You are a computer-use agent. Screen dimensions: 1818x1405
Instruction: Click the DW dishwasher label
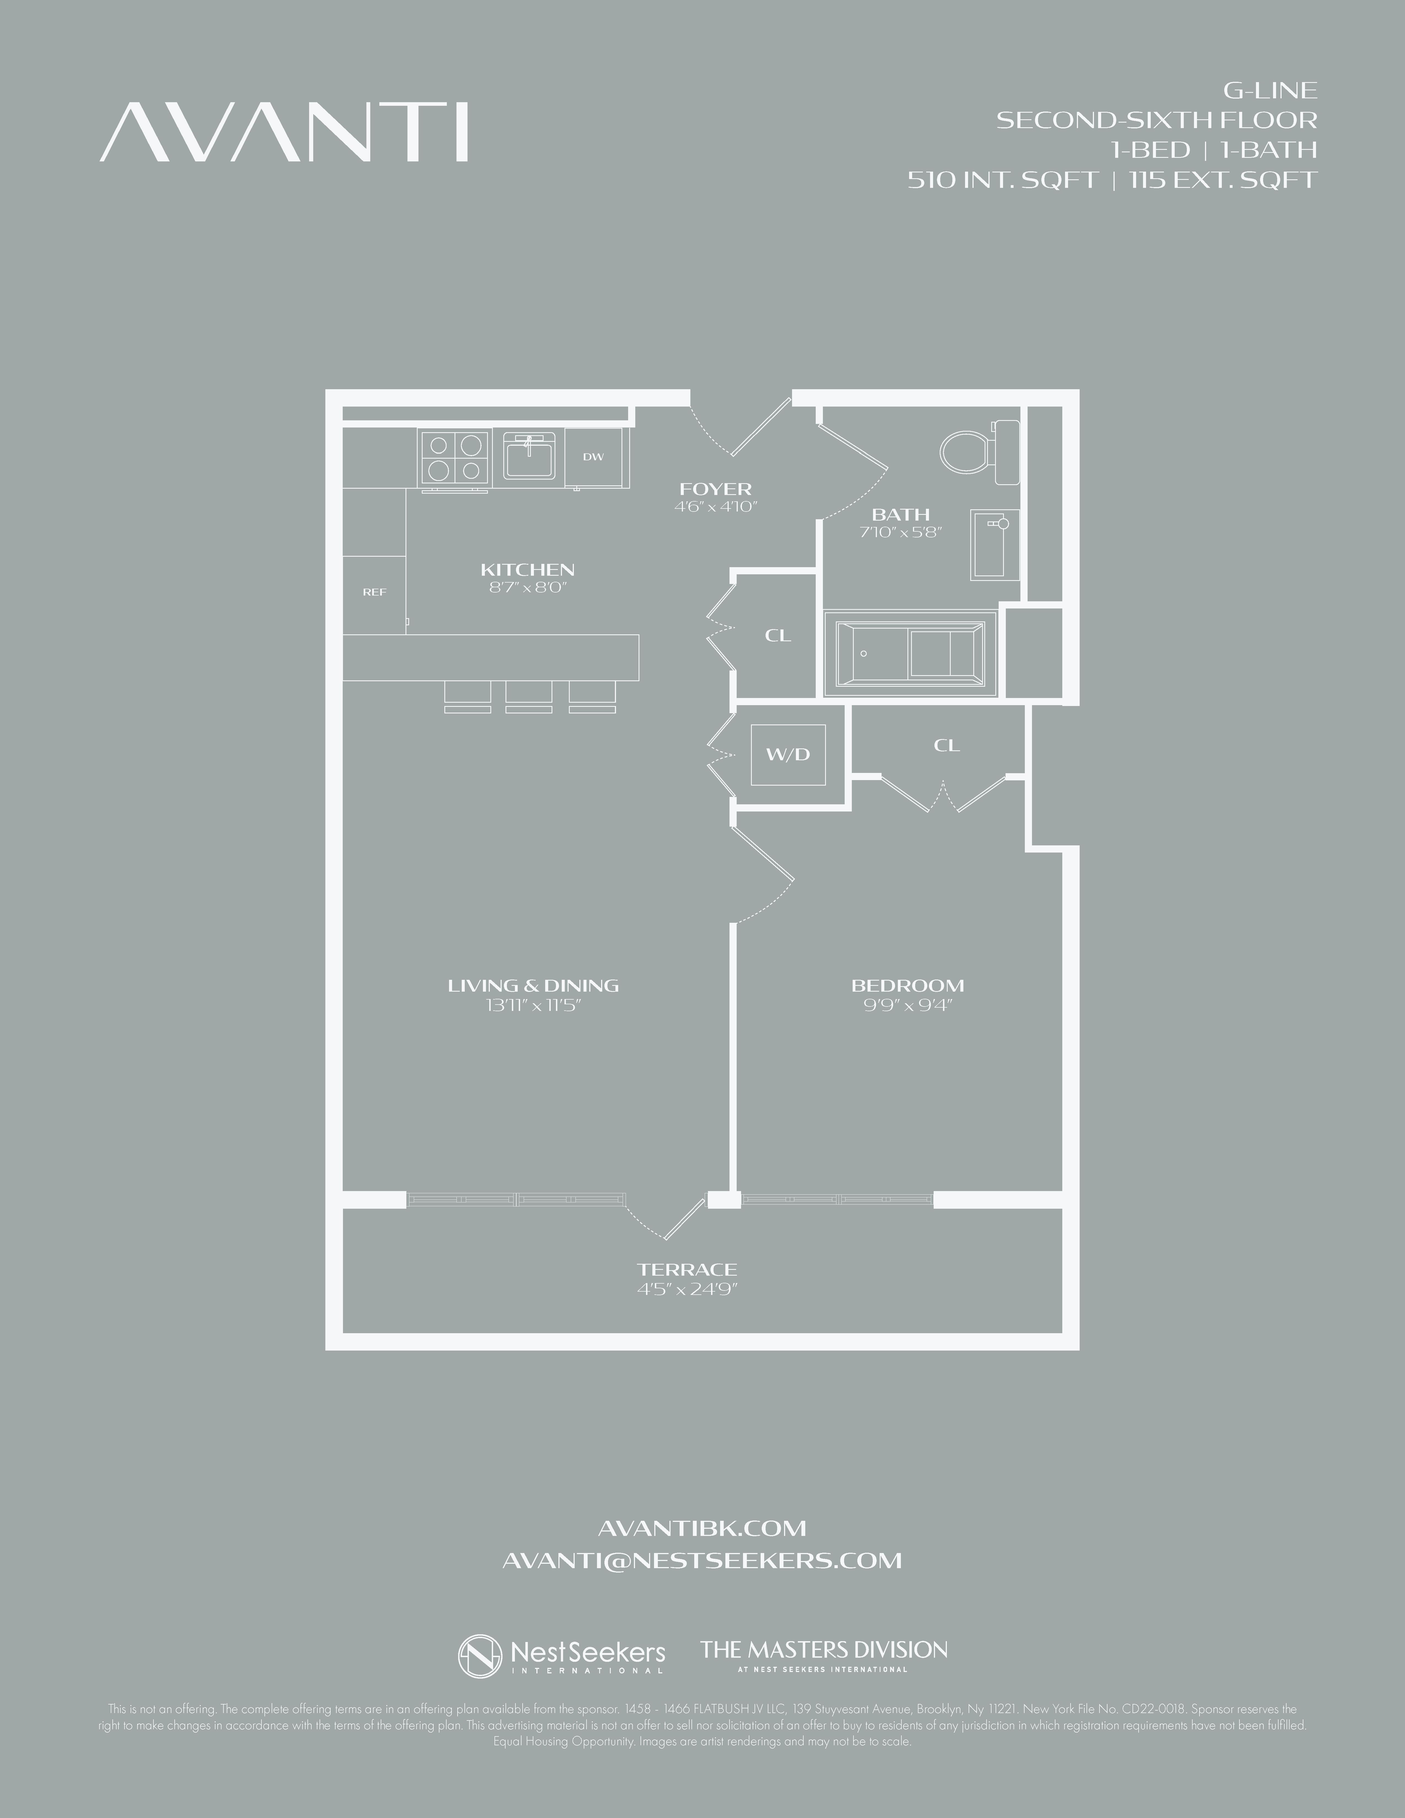click(593, 457)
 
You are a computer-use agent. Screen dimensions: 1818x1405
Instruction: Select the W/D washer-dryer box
click(787, 755)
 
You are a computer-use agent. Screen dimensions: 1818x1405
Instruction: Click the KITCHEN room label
click(528, 570)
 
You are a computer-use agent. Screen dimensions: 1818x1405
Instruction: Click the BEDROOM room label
click(907, 986)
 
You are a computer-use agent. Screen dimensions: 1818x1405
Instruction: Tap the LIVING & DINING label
click(533, 986)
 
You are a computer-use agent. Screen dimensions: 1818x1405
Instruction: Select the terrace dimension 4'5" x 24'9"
click(688, 1289)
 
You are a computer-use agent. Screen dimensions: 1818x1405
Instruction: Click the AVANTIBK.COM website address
click(702, 1528)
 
